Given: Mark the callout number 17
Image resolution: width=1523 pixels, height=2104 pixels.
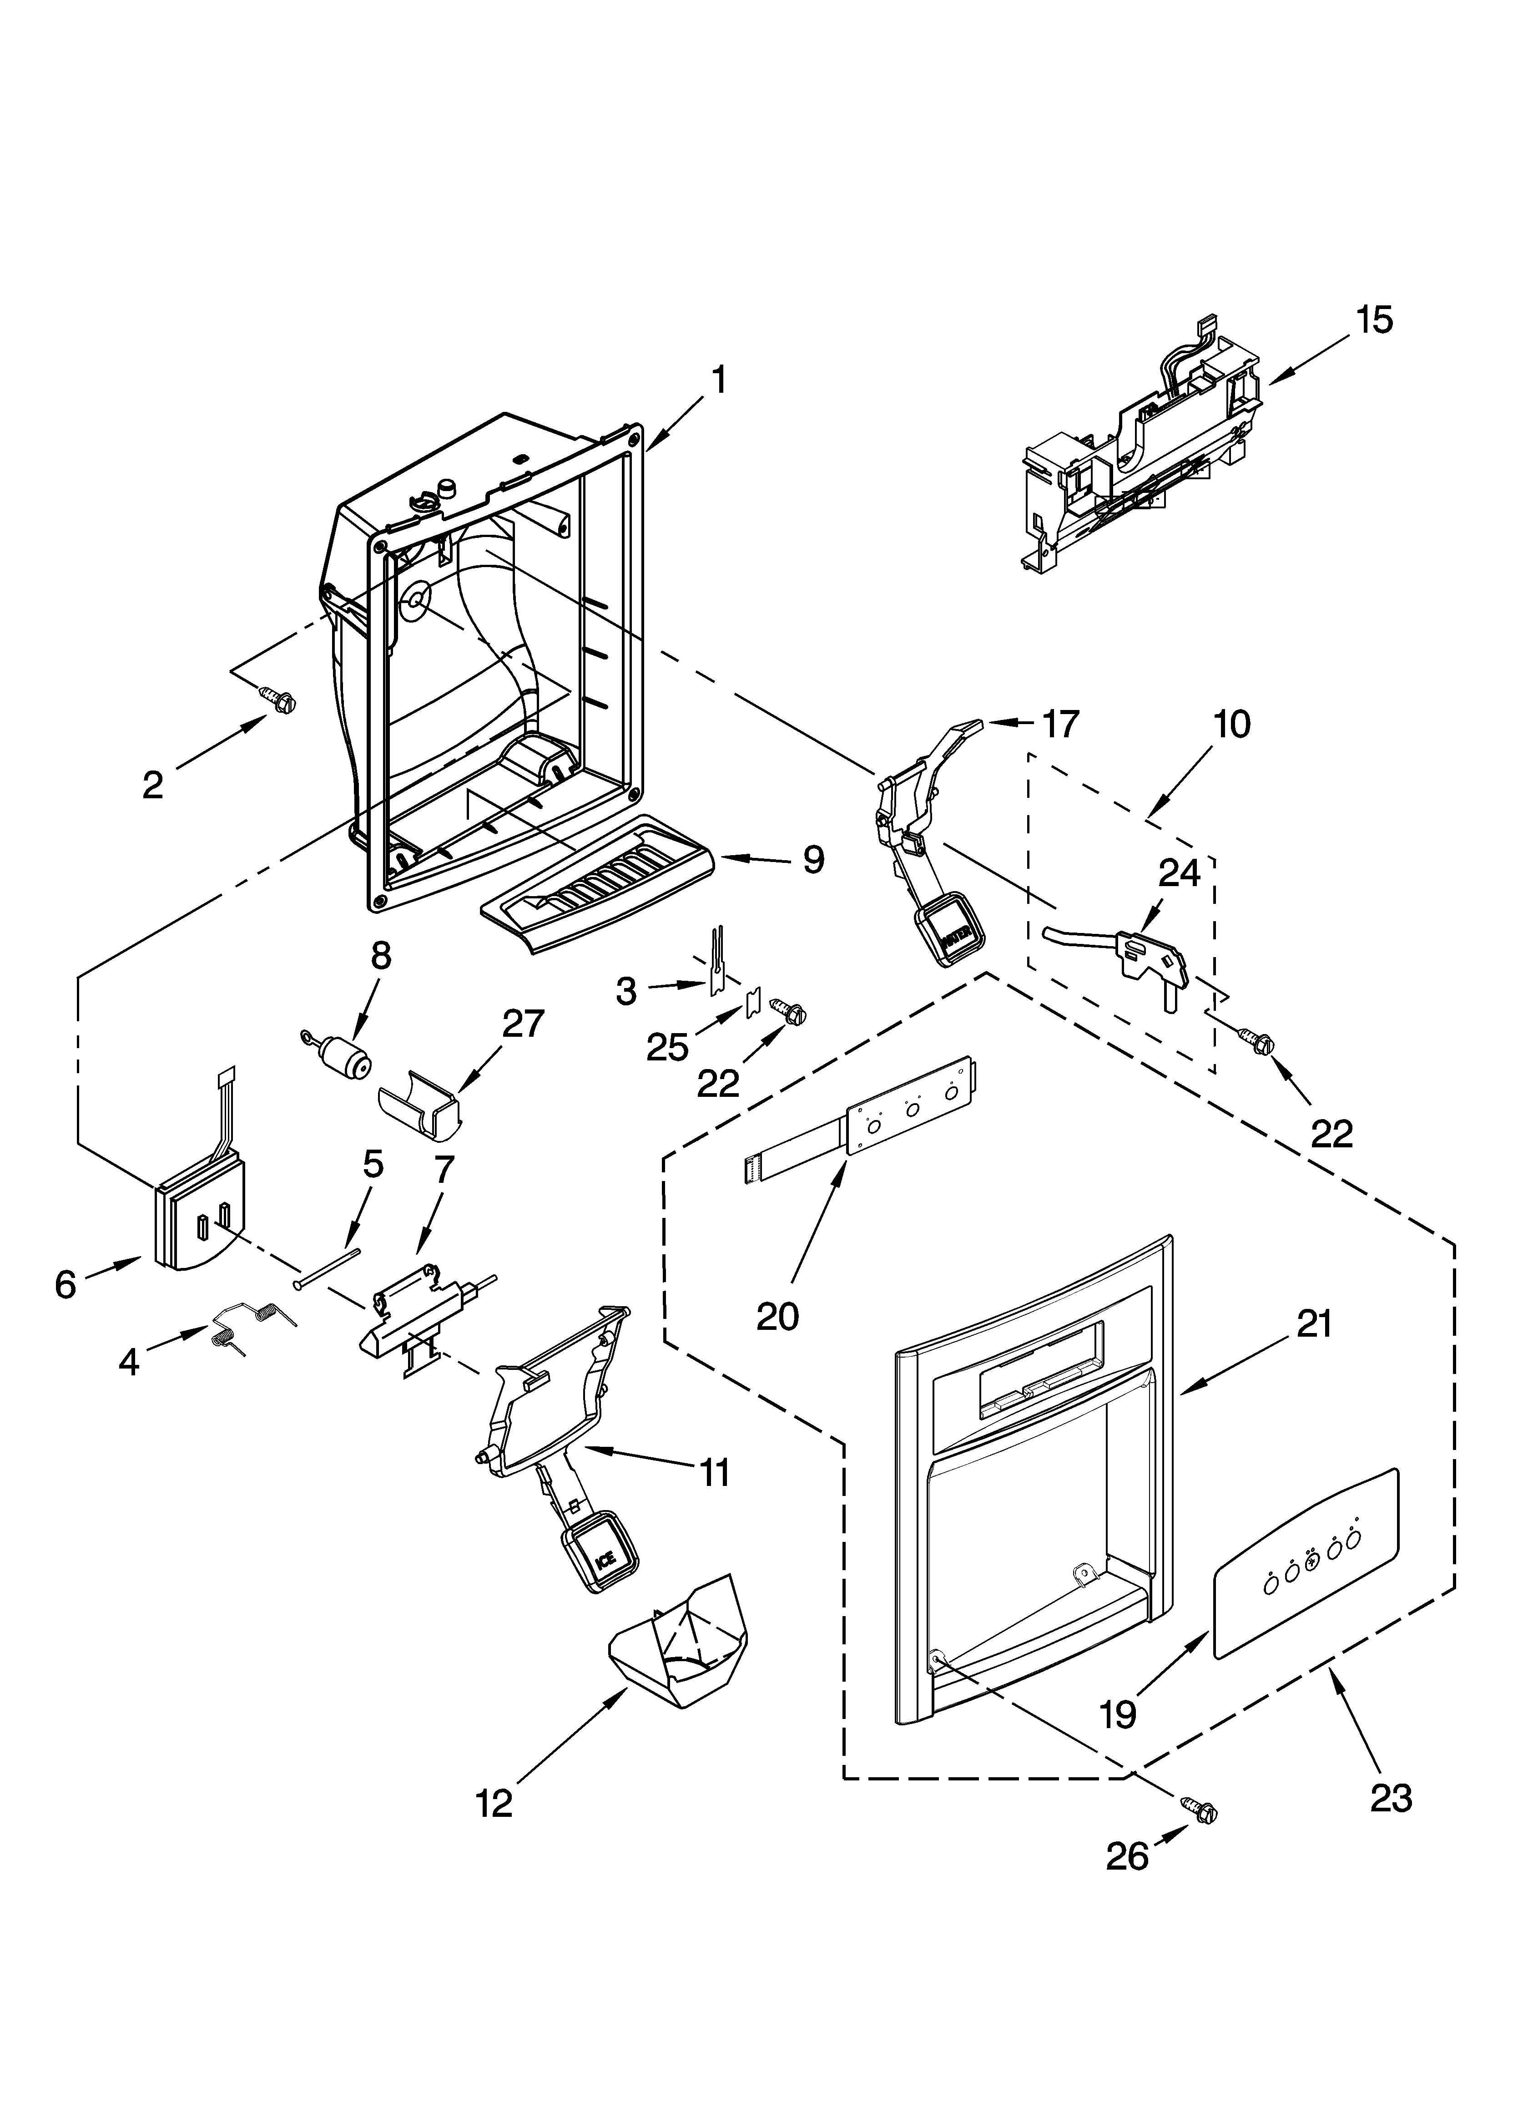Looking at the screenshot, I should pos(1060,724).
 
